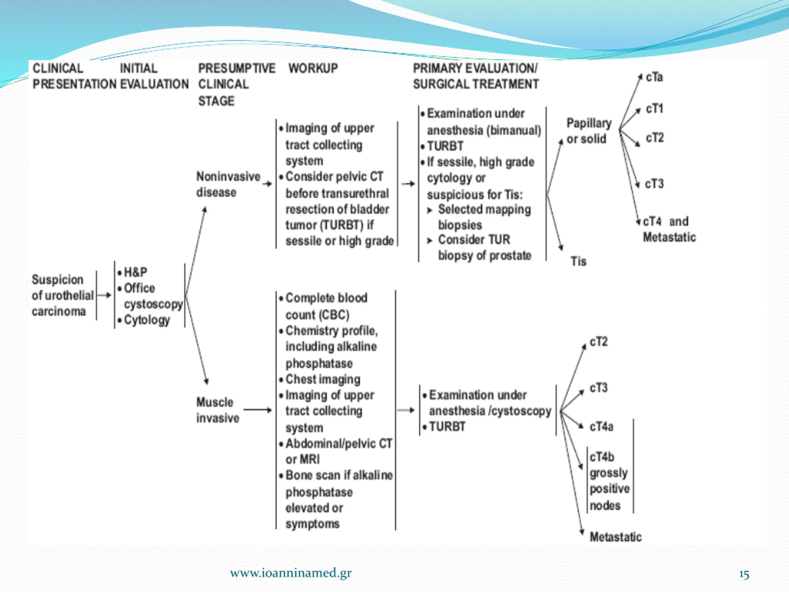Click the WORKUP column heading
(313, 68)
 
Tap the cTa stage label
(654, 77)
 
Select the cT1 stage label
(655, 109)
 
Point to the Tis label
(578, 261)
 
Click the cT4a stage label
(601, 426)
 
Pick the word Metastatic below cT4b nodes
(615, 537)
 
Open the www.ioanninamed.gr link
(291, 573)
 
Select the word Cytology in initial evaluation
(147, 320)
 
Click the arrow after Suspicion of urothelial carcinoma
(104, 295)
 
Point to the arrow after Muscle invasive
(257, 410)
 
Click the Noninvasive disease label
(228, 184)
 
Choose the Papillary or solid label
(589, 131)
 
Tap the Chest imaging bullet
(322, 379)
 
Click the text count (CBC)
(317, 315)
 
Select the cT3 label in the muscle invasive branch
(599, 388)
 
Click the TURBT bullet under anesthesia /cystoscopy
(447, 426)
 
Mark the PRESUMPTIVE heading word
(236, 68)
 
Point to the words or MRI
(302, 459)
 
